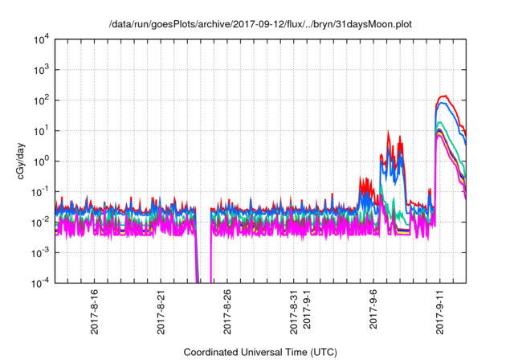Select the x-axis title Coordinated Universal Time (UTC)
pos(260,352)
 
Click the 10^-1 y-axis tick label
pos(40,191)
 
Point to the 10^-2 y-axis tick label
pos(40,222)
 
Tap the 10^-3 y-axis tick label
pos(40,252)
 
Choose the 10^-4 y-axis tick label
pos(40,283)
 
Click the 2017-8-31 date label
pos(293,309)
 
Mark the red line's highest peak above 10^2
pos(445,96)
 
